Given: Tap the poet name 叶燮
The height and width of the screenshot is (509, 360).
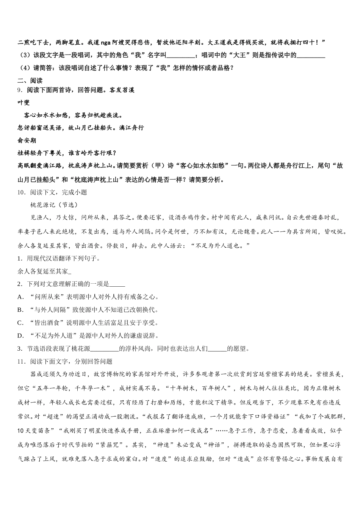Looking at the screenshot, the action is tap(23, 103).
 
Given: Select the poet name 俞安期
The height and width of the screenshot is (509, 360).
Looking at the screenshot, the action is tap(27, 141).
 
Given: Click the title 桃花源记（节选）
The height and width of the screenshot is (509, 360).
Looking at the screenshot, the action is tap(54, 205).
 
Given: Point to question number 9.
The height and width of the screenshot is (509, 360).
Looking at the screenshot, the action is tap(20, 90).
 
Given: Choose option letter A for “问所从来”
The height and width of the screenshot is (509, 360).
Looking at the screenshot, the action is tap(20, 297).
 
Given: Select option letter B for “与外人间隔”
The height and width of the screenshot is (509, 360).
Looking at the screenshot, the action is tap(20, 310).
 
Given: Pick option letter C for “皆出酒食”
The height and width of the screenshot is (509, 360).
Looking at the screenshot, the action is tap(20, 323).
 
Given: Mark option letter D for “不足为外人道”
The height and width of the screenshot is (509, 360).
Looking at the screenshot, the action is tap(20, 336).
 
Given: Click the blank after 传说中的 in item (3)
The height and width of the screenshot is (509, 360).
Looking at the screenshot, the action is tap(311, 55).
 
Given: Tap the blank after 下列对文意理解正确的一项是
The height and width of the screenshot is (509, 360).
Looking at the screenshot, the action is tap(117, 284).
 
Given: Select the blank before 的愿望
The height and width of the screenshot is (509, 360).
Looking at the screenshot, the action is tap(218, 349).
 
